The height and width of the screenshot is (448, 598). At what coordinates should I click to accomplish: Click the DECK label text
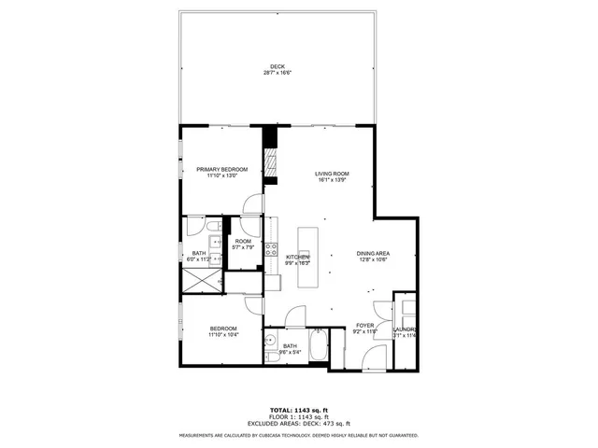click(277, 66)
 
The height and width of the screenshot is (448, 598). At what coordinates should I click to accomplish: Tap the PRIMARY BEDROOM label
click(221, 169)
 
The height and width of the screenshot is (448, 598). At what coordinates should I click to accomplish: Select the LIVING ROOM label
click(331, 174)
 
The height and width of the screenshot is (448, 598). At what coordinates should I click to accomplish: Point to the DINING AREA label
click(373, 253)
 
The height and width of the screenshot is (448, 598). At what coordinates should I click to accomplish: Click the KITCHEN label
click(297, 257)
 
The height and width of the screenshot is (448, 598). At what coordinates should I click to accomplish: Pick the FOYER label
click(363, 325)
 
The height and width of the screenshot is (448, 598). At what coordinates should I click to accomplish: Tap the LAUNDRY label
click(405, 329)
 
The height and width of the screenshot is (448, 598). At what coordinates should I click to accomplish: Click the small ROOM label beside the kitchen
click(243, 242)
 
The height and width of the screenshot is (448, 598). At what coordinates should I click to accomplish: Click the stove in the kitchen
click(272, 249)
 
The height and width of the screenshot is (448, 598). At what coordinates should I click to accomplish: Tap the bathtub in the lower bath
click(318, 350)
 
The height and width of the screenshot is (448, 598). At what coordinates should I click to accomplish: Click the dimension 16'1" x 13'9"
click(331, 180)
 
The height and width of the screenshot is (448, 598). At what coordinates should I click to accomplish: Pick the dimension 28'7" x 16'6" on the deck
click(277, 73)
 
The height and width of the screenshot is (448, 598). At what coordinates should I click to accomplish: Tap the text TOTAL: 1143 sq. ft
click(298, 410)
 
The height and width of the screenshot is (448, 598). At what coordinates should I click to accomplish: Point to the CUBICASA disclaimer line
click(298, 435)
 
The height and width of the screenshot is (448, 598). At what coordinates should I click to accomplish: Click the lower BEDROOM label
click(222, 328)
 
